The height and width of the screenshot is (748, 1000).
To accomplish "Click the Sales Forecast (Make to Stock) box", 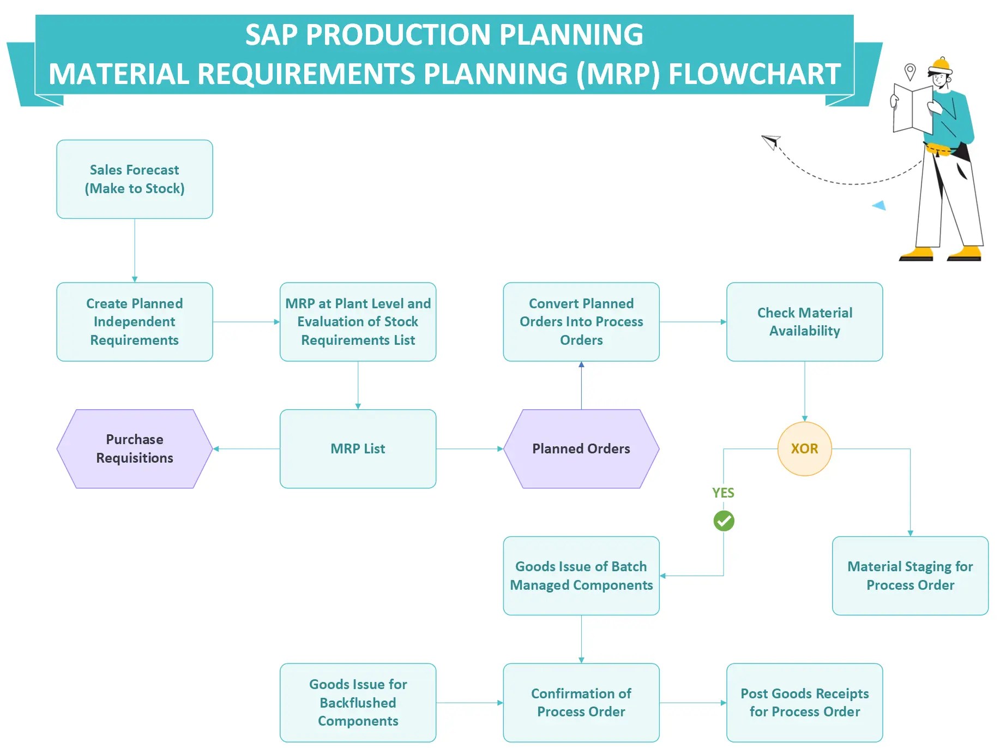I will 134,179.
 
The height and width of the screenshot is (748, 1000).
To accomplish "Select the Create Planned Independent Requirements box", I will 134,321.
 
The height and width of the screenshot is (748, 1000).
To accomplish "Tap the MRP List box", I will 358,448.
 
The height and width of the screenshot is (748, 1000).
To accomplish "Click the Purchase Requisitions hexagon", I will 134,448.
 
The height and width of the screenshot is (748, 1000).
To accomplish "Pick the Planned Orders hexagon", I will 581,448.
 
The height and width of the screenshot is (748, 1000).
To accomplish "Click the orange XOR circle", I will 804,448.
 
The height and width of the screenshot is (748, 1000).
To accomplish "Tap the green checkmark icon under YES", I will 724,520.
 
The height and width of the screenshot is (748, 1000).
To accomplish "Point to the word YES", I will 723,493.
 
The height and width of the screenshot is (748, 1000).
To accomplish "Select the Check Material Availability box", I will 804,321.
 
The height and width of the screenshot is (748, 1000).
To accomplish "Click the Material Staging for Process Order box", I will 909,576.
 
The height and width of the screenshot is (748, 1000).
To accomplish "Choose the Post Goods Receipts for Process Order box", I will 804,702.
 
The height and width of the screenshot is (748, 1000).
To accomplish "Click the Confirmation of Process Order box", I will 581,702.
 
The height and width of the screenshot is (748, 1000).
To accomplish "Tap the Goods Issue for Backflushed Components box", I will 358,702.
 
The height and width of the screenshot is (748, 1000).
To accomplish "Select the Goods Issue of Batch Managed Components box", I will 581,576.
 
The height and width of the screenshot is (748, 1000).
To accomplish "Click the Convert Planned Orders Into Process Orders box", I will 581,321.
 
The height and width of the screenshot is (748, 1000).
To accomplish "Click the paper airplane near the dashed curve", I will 771,142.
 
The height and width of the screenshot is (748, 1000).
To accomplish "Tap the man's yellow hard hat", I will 940,65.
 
